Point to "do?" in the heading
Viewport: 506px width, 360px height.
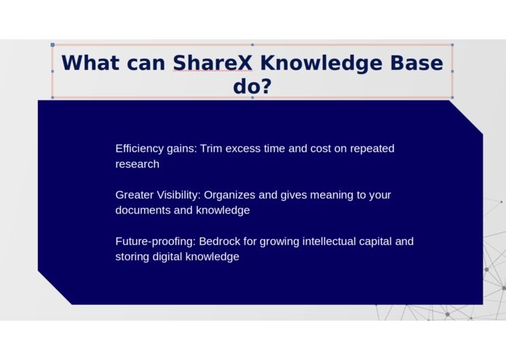(x=252, y=87)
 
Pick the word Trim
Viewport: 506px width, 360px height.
(x=211, y=149)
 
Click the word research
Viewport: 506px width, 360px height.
(x=137, y=164)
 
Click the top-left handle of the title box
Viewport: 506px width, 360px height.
(x=52, y=44)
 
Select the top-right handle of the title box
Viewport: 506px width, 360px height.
(x=452, y=44)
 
